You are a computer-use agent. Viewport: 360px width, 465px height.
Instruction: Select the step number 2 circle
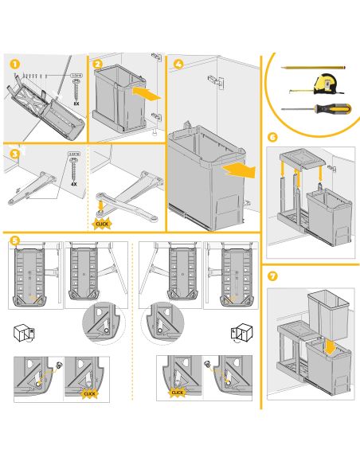pyautogui.click(x=96, y=64)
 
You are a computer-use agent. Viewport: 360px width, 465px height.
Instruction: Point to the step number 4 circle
pyautogui.click(x=178, y=64)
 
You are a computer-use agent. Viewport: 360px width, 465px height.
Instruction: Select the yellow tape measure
pyautogui.click(x=327, y=84)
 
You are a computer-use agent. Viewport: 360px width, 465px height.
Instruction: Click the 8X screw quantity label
pyautogui.click(x=77, y=104)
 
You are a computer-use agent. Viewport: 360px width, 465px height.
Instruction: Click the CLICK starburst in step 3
pyautogui.click(x=101, y=223)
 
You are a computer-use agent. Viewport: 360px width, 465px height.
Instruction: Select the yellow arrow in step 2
pyautogui.click(x=144, y=93)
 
